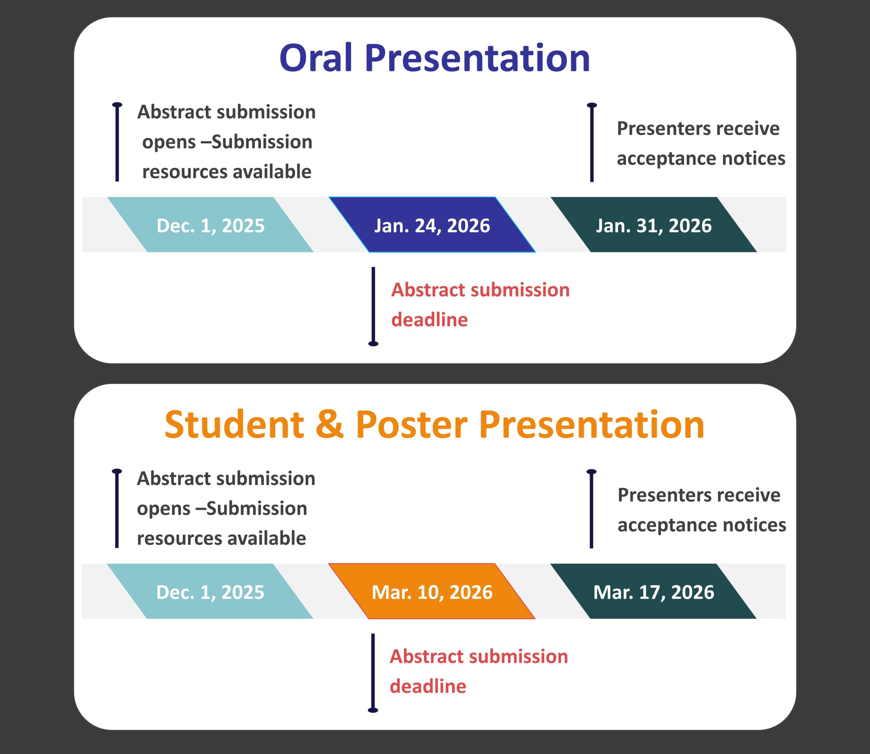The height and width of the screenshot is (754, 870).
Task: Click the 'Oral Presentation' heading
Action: [x=435, y=58]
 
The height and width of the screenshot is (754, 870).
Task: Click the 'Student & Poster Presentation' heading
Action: [x=435, y=425]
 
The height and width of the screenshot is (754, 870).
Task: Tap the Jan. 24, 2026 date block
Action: [x=432, y=225]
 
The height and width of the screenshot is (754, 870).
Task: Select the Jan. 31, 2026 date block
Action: [x=654, y=225]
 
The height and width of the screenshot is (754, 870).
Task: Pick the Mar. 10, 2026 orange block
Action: [x=432, y=591]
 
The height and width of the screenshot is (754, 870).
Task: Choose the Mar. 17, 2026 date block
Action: [x=653, y=591]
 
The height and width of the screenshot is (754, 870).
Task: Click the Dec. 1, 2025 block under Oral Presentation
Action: [x=210, y=225]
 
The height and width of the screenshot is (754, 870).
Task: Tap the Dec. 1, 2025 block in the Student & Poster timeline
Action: [x=210, y=591]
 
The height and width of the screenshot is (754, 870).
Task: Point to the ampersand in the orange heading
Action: [x=329, y=425]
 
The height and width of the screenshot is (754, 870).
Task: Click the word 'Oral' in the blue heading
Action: [x=316, y=58]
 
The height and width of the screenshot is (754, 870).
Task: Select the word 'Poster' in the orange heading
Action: [x=412, y=425]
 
